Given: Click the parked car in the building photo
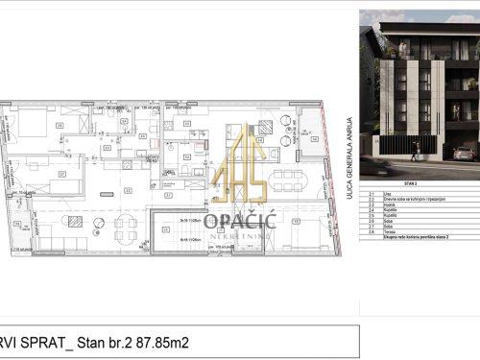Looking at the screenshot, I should (464, 153).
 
